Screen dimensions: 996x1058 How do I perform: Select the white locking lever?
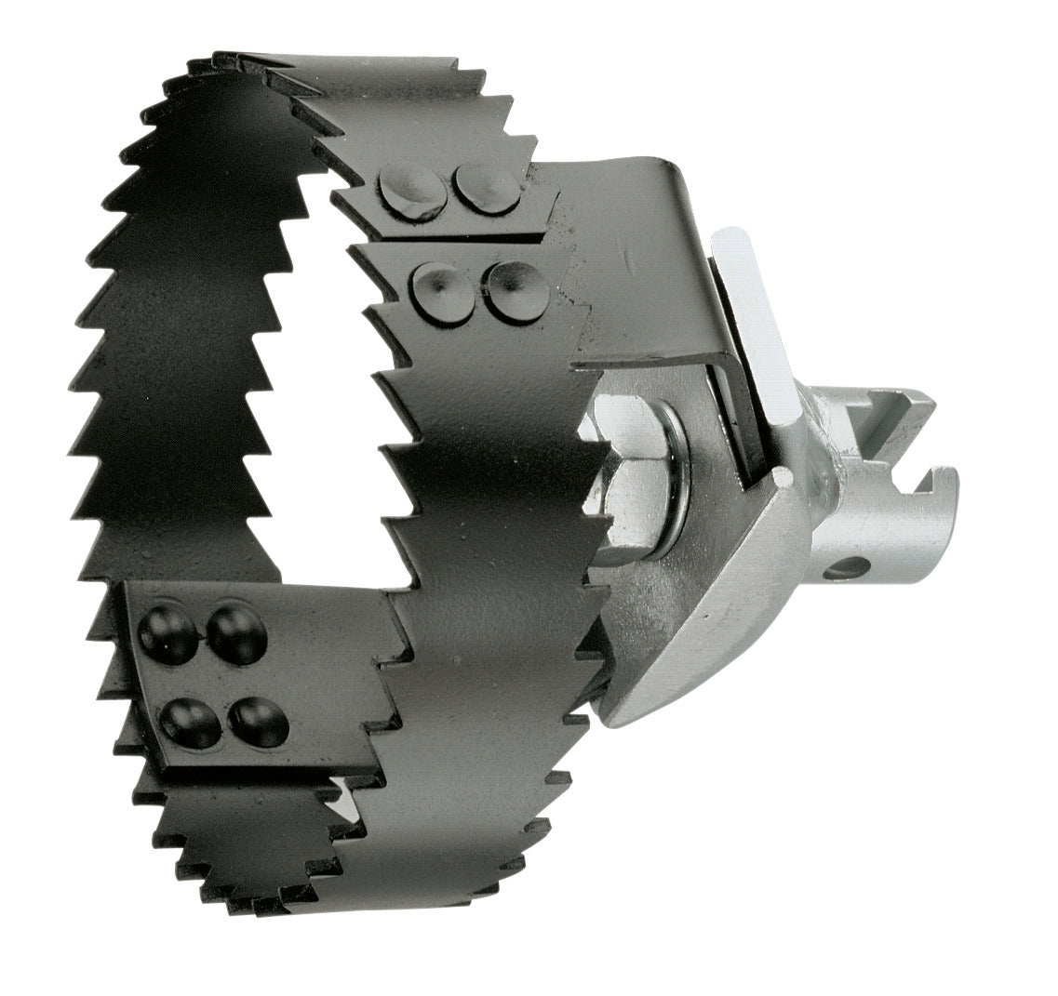click(x=757, y=325)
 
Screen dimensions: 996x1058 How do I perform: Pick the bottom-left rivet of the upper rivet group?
click(x=443, y=292)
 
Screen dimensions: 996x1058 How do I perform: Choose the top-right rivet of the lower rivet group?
click(x=236, y=634)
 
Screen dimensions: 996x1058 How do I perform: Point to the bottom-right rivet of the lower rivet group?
click(x=258, y=722)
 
